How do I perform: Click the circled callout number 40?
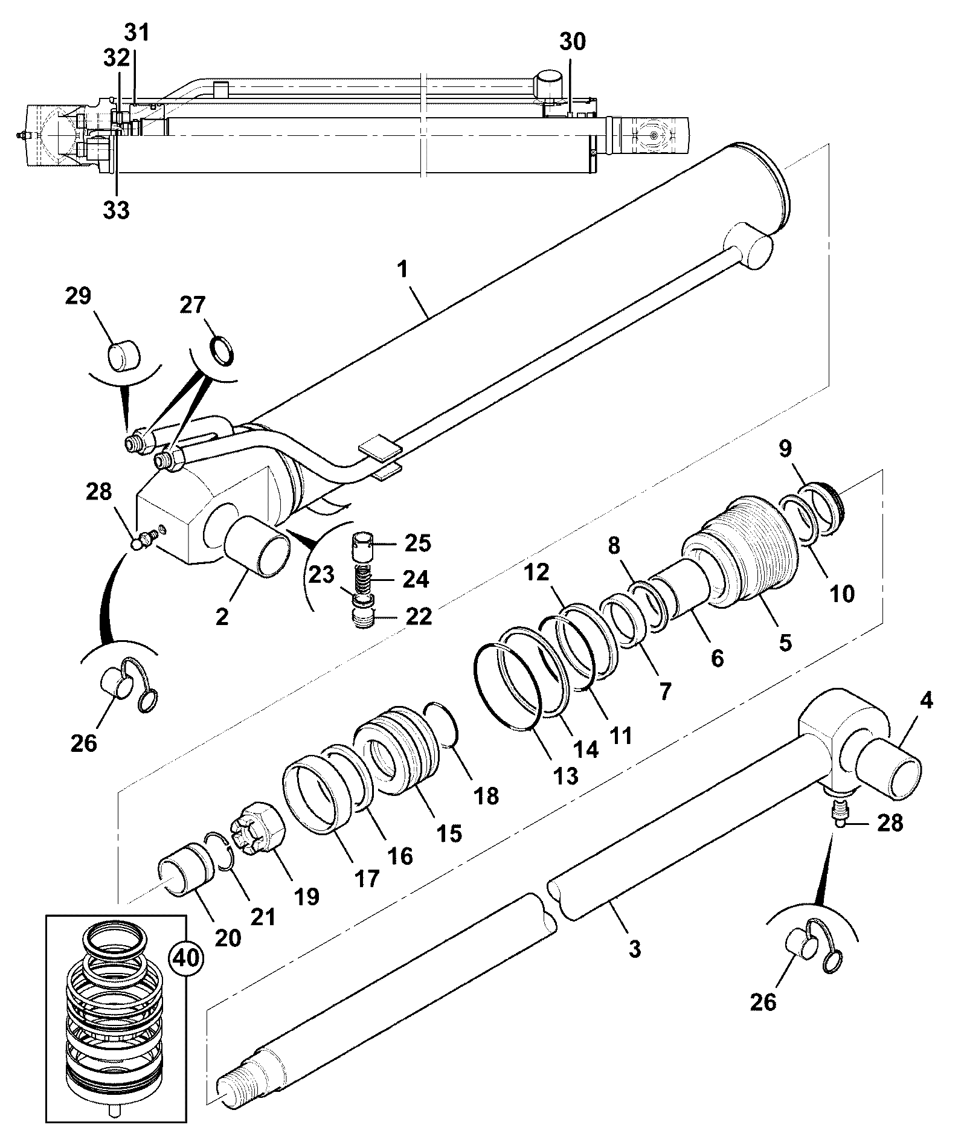186,958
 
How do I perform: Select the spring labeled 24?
363,579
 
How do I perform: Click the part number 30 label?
571,42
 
